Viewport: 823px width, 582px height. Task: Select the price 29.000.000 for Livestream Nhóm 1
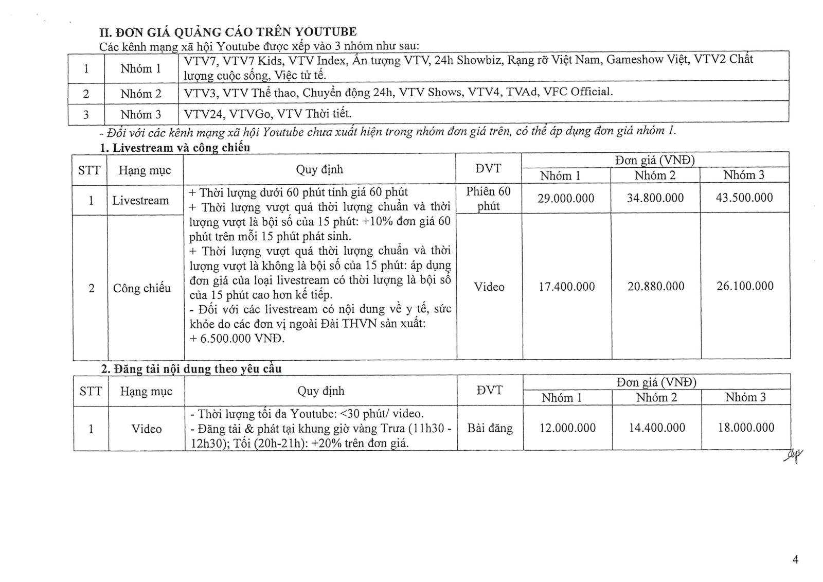tap(566, 198)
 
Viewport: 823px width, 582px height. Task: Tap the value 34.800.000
tap(655, 198)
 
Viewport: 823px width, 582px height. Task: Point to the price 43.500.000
tap(744, 198)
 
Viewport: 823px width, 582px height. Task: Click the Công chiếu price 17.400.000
tap(566, 287)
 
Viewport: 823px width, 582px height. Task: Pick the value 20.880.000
tap(656, 287)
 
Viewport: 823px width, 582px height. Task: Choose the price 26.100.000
tap(745, 286)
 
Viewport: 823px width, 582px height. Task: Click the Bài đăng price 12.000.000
tap(567, 428)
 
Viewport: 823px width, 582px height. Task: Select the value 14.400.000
tap(657, 428)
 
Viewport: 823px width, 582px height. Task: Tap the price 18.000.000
tap(746, 427)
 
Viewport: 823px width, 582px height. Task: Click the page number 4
tap(796, 560)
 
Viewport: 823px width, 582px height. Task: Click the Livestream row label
tap(140, 201)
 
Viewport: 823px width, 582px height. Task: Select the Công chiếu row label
tap(142, 288)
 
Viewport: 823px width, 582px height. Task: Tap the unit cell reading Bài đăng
tap(490, 428)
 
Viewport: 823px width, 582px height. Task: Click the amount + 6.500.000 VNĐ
tap(237, 339)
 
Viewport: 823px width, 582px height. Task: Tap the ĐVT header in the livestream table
tap(488, 168)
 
